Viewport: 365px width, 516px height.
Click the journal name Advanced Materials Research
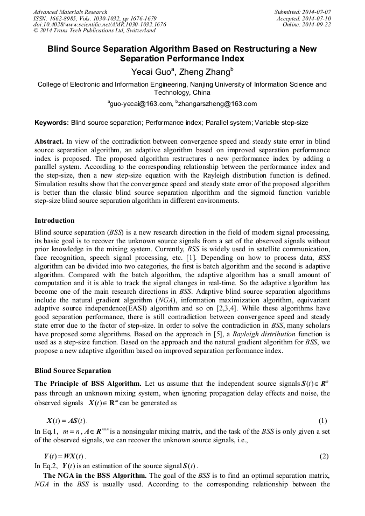pos(70,12)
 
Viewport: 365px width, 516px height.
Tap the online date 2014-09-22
pos(317,25)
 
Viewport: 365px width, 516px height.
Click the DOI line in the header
pos(100,25)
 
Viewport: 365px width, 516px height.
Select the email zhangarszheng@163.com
pos(209,104)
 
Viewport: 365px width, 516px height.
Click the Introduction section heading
pos(54,221)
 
